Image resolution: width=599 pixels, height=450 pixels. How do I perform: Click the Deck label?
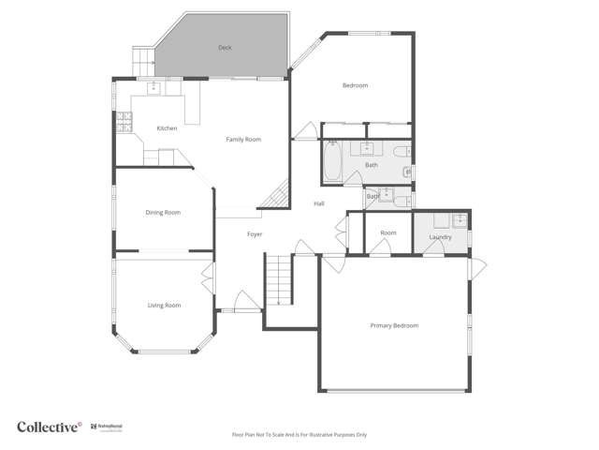[x=225, y=47]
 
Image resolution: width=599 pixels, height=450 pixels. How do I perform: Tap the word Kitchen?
[x=167, y=128]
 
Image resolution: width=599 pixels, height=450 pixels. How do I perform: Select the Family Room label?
[x=243, y=140]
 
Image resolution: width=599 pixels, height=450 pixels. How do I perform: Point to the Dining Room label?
[x=163, y=213]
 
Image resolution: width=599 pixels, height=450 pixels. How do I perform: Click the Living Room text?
[x=164, y=306]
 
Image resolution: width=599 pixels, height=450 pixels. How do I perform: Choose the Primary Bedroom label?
[x=394, y=325]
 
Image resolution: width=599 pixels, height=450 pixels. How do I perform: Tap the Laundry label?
[x=440, y=237]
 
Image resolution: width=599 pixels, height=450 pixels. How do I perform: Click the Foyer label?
[x=255, y=234]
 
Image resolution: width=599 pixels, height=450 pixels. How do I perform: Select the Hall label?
[x=319, y=203]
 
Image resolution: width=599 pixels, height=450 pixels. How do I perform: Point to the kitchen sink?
[x=155, y=89]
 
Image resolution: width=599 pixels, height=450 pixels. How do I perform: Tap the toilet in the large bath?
[x=401, y=151]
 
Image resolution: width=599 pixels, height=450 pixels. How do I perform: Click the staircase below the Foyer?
[x=279, y=280]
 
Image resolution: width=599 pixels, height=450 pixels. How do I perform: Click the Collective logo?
[x=50, y=427]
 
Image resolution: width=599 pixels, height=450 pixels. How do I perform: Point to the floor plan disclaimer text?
[x=299, y=435]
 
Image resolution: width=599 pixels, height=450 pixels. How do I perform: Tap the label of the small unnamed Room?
[x=388, y=232]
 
